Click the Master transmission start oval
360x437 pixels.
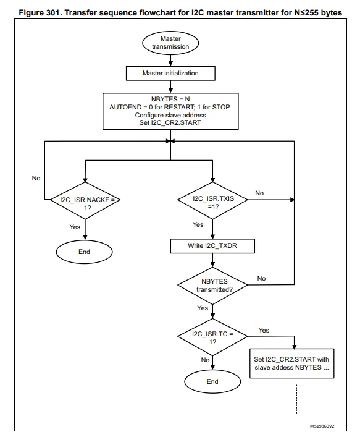(x=170, y=43)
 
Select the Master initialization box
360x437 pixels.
(x=170, y=74)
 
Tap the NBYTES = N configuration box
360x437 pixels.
(x=170, y=111)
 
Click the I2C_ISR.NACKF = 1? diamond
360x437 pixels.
(x=85, y=200)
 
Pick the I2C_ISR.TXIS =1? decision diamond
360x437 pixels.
(x=212, y=200)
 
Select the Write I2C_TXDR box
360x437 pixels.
(x=212, y=246)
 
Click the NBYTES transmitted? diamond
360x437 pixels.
(x=212, y=286)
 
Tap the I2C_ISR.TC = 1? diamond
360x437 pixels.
(x=212, y=337)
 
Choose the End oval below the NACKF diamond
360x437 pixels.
(x=85, y=252)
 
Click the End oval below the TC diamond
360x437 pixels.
(x=212, y=381)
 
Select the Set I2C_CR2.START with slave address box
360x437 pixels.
(x=292, y=363)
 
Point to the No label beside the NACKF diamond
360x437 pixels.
(x=36, y=178)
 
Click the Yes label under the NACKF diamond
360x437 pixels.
(x=75, y=227)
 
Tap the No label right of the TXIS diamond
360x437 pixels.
(x=259, y=193)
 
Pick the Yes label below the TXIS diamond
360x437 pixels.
(x=198, y=224)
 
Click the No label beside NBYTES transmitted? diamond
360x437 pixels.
(x=261, y=278)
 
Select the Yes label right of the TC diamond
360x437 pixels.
(x=264, y=330)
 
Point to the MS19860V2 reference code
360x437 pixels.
(x=322, y=426)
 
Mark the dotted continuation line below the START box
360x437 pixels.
(x=296, y=399)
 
